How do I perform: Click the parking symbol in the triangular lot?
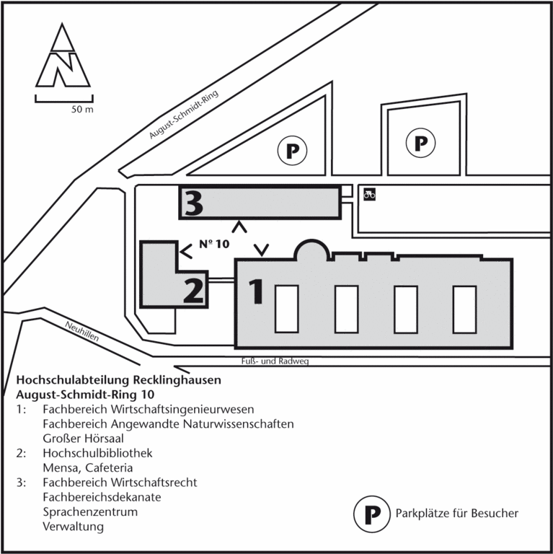coord(292,151)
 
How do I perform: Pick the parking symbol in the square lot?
coord(421,142)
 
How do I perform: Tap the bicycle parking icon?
coord(369,194)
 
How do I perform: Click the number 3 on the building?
coord(195,203)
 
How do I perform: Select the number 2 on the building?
coord(194,289)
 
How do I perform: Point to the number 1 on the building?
coord(255,292)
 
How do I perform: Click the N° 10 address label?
coord(213,244)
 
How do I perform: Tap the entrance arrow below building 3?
coord(240,227)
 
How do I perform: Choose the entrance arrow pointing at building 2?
coord(185,251)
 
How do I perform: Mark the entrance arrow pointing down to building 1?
coord(262,251)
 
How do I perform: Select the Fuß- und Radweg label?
coord(275,361)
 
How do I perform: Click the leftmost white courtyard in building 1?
coord(286,309)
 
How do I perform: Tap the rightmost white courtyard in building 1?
coord(464,309)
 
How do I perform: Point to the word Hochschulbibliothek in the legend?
coord(98,453)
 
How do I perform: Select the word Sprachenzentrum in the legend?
coord(90,511)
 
